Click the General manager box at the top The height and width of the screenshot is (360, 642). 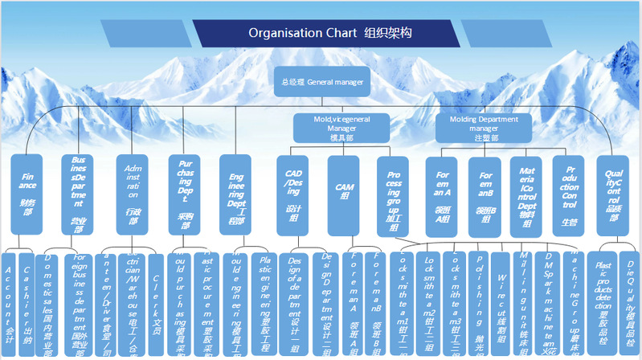pos(322,81)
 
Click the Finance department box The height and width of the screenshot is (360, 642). pos(28,194)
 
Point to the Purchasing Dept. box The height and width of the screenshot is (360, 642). pos(184,194)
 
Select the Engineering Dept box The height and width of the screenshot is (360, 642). pos(236,194)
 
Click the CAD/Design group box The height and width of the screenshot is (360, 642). pos(293,194)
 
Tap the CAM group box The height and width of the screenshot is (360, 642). pos(344,194)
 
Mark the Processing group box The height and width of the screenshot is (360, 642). pos(394,194)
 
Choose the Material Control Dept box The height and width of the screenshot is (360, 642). pos(527,194)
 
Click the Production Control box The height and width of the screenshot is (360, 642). pos(570,194)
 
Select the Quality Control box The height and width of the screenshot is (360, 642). pos(615,194)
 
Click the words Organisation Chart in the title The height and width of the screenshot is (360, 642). pos(302,33)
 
